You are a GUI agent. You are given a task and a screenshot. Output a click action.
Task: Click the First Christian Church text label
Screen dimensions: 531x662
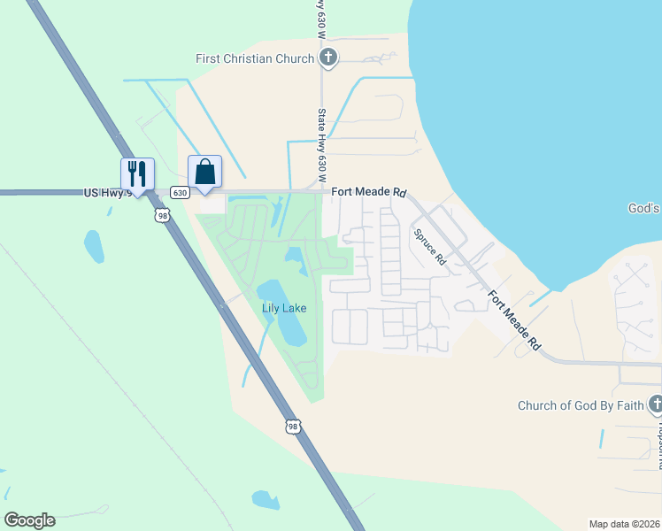[x=255, y=59]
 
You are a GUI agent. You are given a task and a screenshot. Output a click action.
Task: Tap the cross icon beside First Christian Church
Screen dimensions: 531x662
[x=328, y=59]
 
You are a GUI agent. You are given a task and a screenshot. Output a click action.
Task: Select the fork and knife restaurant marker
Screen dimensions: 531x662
[x=137, y=173]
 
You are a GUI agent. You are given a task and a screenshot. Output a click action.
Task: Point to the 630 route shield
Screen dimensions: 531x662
[x=180, y=193]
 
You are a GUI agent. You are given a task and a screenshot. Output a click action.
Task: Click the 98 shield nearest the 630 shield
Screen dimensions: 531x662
[x=161, y=215]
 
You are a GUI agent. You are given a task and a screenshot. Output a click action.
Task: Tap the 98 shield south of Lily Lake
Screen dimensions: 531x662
[x=293, y=427]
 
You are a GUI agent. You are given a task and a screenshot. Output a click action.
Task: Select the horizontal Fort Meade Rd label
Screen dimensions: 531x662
[x=369, y=192]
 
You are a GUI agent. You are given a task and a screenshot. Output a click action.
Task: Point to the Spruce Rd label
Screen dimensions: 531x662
[x=428, y=247]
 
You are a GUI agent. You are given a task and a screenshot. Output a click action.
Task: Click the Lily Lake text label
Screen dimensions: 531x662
[x=284, y=308]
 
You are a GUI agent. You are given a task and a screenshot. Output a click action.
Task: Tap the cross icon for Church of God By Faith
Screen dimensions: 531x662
[x=655, y=405]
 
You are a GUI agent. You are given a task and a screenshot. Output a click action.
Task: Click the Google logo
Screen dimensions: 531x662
[x=29, y=520]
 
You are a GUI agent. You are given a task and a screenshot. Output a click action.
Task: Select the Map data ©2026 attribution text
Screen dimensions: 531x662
[x=624, y=524]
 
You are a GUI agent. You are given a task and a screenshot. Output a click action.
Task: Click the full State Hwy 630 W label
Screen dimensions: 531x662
[x=323, y=141]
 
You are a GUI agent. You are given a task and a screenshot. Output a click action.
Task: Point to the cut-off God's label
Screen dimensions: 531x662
[x=644, y=209]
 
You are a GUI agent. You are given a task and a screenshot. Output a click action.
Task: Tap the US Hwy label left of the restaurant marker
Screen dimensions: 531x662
[x=107, y=192]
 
